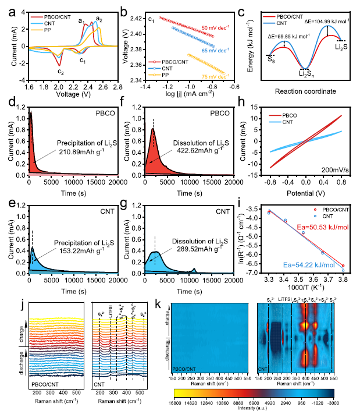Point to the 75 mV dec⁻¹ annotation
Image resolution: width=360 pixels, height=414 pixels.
pos(212,75)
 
